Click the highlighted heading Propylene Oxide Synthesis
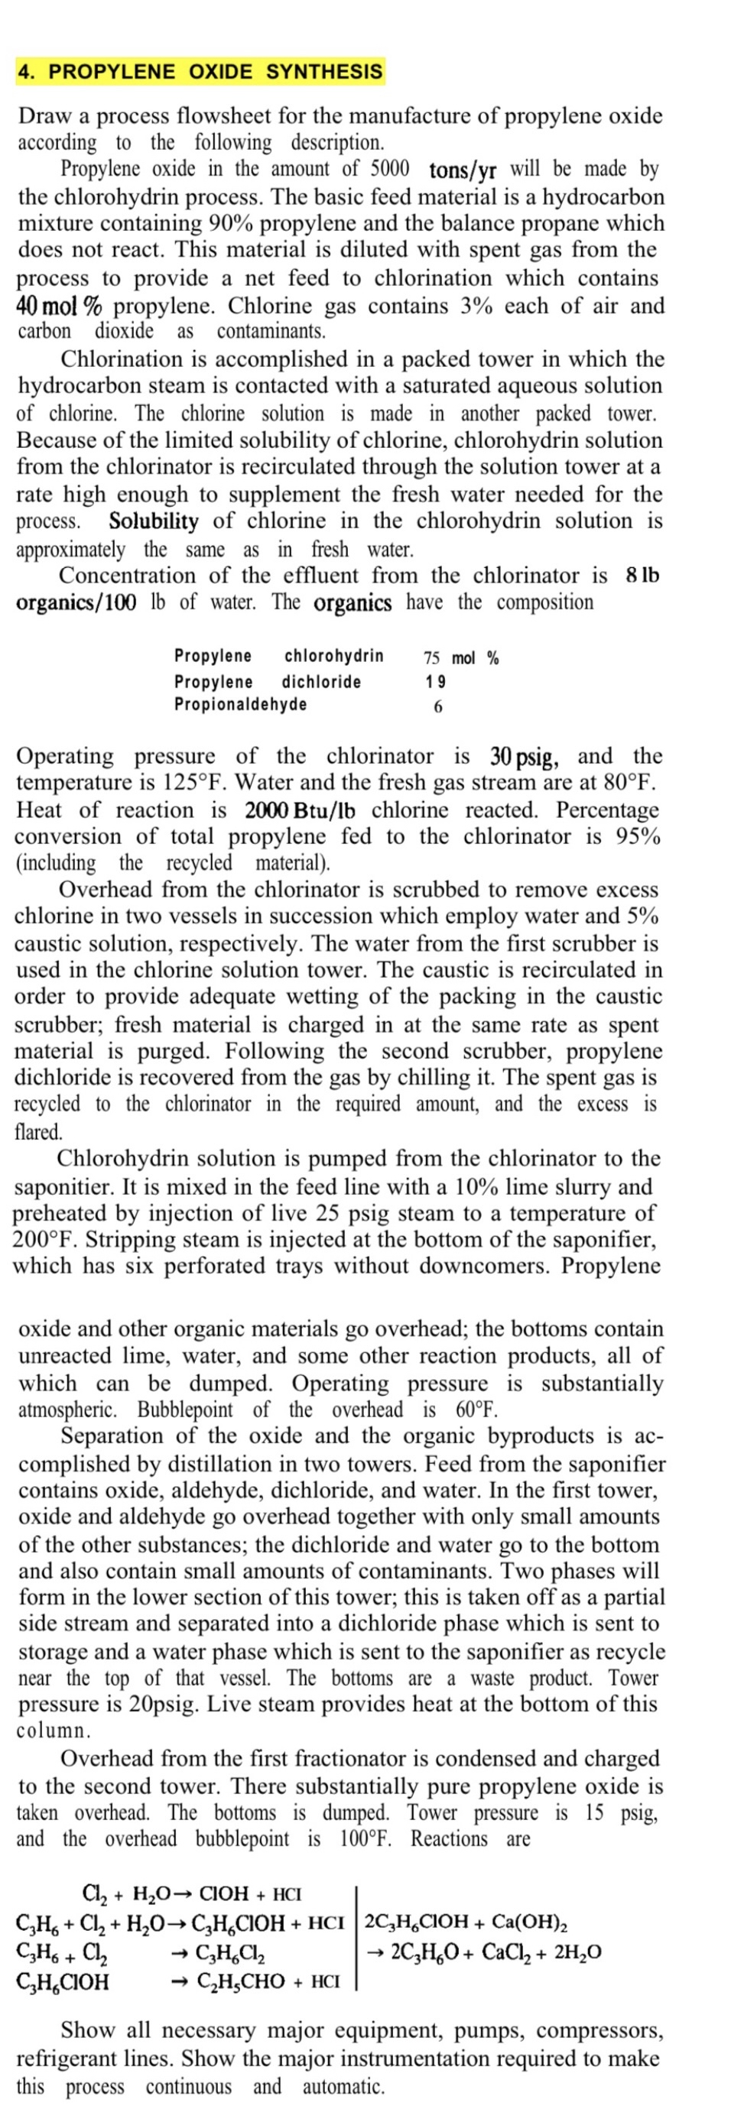tap(200, 72)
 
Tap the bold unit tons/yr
tap(463, 170)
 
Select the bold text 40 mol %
tap(60, 307)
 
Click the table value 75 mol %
tap(460, 657)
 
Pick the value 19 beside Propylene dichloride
tap(436, 681)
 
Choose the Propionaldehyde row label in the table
tap(240, 704)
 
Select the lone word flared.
tap(39, 1132)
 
